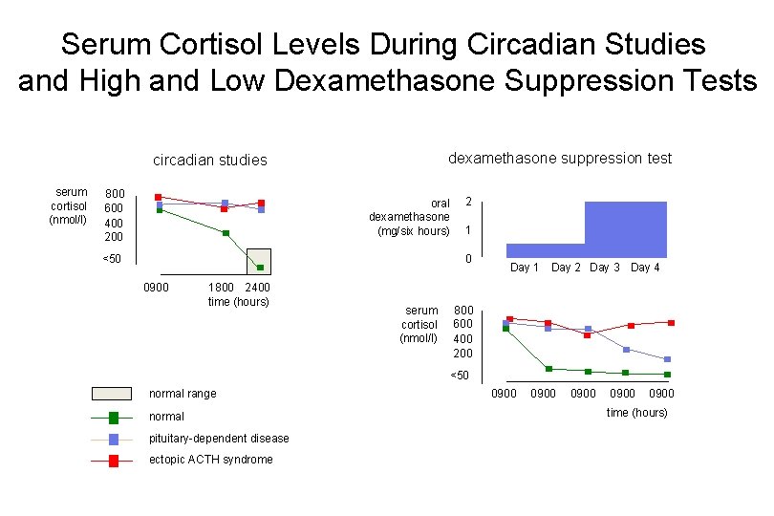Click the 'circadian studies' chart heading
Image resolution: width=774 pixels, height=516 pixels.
click(210, 160)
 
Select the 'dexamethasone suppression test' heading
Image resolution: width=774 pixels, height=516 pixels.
click(560, 158)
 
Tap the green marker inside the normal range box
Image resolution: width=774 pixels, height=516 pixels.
click(260, 268)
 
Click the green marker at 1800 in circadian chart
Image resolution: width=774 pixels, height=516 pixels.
click(226, 233)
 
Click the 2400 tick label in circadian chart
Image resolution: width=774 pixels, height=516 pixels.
click(258, 287)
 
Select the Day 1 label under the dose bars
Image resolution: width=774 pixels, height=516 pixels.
click(525, 268)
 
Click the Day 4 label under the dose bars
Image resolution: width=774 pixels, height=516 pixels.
click(645, 268)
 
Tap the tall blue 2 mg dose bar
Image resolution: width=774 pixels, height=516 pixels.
click(626, 229)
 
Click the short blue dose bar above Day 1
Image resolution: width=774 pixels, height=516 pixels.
click(545, 250)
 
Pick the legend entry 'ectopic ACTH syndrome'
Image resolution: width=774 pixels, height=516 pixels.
click(210, 460)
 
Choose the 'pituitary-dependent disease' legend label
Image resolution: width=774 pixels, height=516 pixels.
click(219, 439)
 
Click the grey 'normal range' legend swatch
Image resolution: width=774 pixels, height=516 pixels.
click(111, 393)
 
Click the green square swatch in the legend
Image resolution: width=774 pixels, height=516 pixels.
click(114, 417)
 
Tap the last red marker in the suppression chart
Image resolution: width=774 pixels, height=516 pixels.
click(672, 323)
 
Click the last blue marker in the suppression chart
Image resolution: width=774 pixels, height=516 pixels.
click(667, 359)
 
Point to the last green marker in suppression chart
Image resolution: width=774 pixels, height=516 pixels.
click(667, 375)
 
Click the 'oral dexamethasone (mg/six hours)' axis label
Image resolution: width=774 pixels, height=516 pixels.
click(410, 217)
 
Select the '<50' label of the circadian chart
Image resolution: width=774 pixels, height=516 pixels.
click(113, 260)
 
